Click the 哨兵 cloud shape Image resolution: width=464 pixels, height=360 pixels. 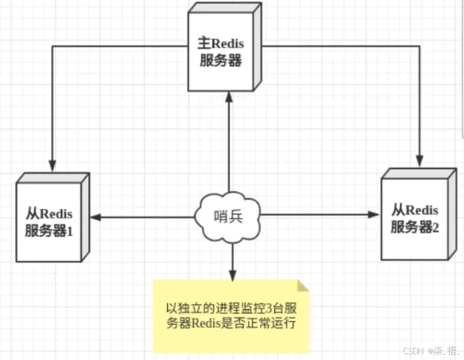tap(228, 216)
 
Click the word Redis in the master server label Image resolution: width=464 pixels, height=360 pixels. tap(229, 44)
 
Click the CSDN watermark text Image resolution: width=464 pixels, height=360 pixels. tap(413, 350)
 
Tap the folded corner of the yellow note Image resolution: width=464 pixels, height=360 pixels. tap(303, 286)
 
